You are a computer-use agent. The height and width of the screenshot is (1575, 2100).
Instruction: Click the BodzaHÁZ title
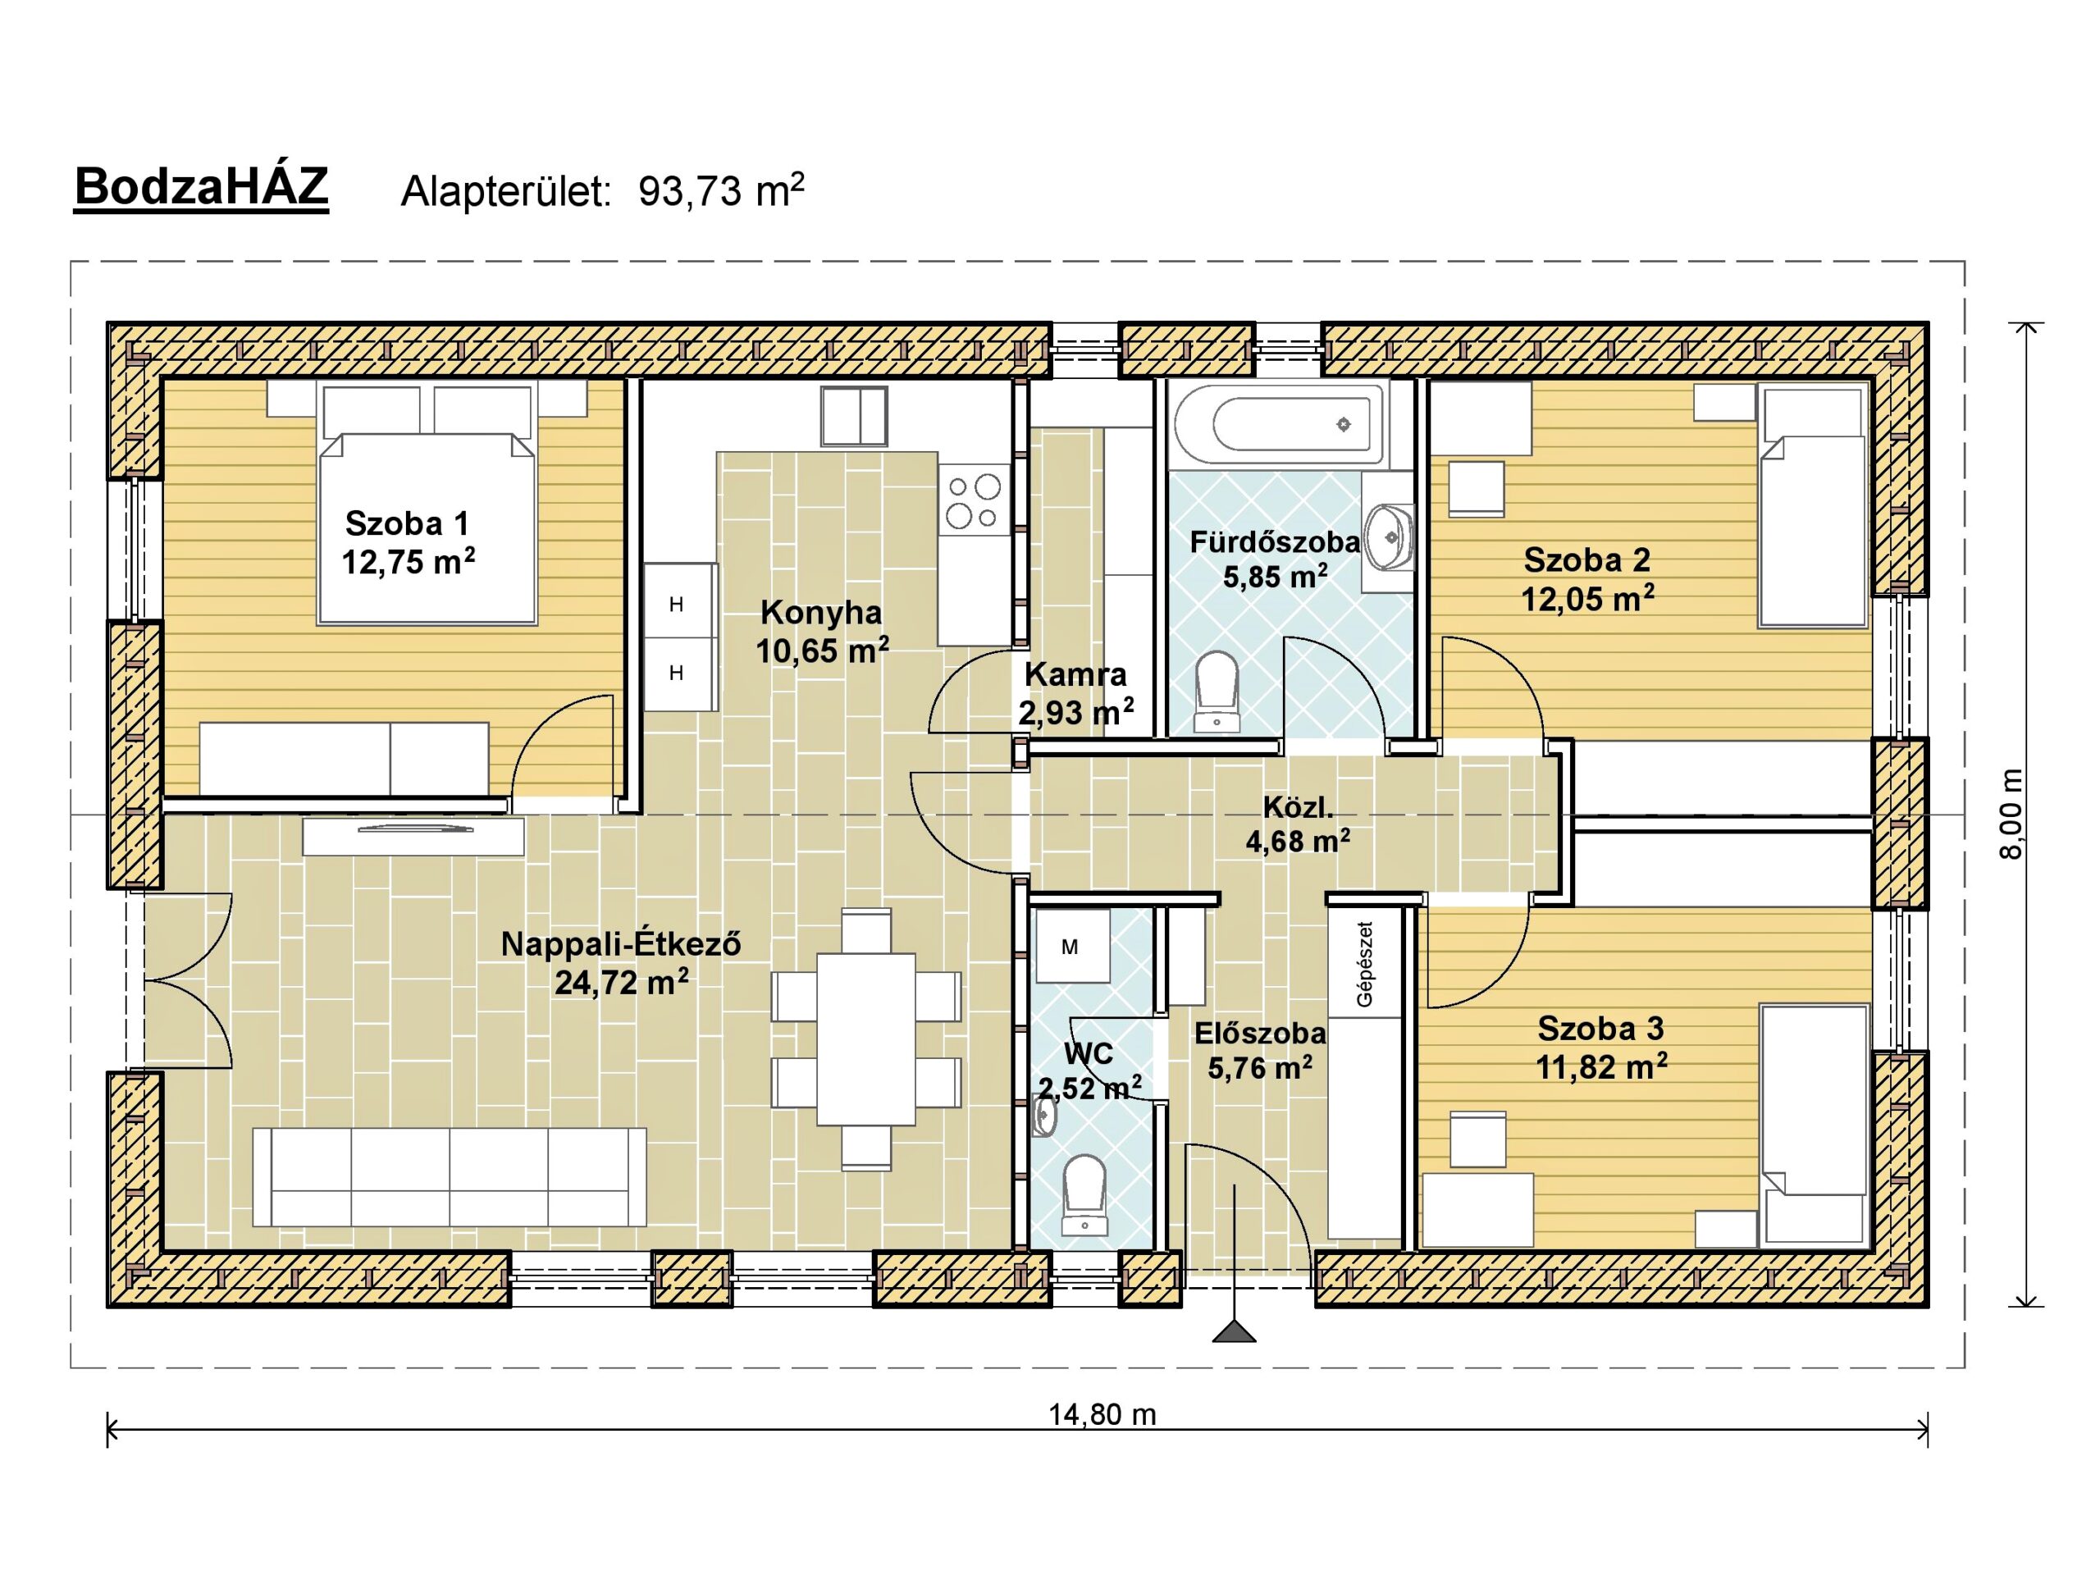(x=201, y=187)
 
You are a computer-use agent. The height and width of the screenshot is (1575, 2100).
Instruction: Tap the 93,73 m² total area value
(x=722, y=191)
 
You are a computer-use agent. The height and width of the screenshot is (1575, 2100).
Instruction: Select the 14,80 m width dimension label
(x=1102, y=1414)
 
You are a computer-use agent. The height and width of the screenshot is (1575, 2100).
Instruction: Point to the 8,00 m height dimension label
(x=2011, y=814)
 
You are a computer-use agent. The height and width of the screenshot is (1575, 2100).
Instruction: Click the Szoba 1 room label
(x=407, y=523)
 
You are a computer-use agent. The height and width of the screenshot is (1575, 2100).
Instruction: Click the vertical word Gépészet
(x=1365, y=964)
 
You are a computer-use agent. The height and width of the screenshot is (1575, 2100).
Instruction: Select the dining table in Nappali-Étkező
(x=865, y=1039)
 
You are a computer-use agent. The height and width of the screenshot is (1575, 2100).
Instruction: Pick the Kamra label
(x=1075, y=674)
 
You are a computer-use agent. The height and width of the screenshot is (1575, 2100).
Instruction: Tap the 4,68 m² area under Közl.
(x=1298, y=841)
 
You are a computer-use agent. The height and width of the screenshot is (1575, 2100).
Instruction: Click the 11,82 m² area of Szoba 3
(x=1601, y=1067)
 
